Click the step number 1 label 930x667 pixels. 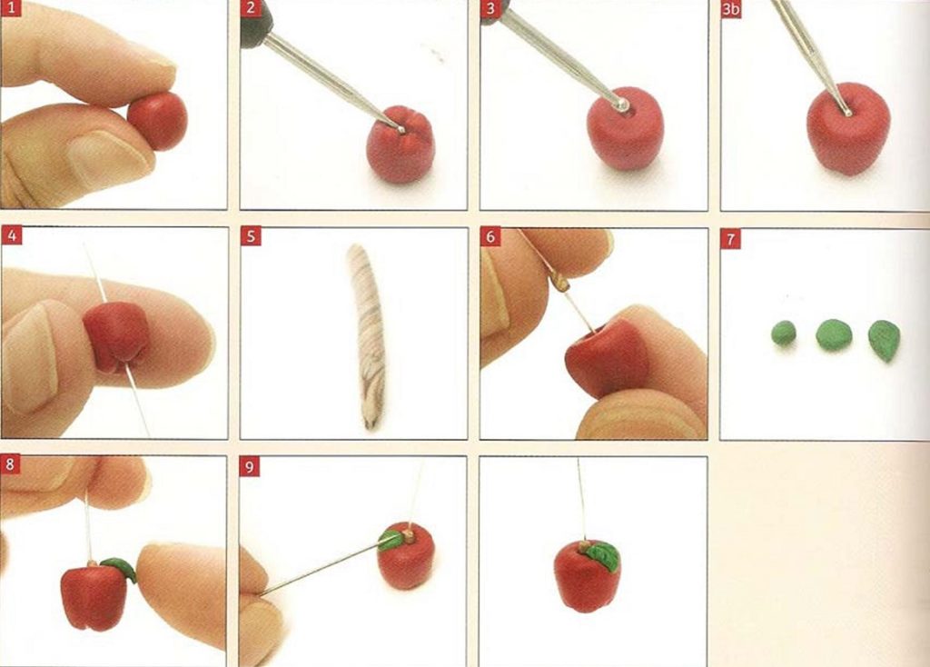12,8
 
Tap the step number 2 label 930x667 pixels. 251,8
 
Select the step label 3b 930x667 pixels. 731,9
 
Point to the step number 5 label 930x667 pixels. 251,236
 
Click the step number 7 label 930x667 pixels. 731,239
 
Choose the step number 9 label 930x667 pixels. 249,467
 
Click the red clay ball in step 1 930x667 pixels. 158,121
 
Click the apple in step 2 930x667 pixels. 401,144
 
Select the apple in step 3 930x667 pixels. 625,129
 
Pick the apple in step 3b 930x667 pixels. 848,129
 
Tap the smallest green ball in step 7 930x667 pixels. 784,333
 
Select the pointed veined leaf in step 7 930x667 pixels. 885,340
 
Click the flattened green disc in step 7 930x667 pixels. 834,334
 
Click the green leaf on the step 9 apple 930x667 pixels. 391,540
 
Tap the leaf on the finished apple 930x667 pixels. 603,556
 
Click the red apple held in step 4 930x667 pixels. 116,335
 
